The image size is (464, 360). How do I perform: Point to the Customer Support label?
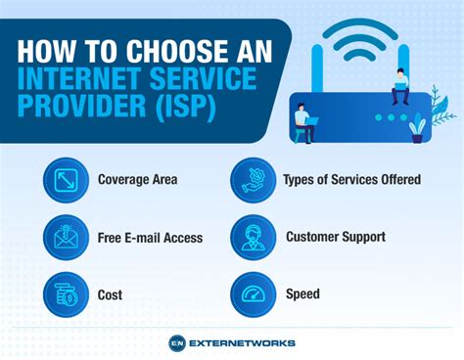(335, 237)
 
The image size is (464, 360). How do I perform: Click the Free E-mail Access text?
(150, 237)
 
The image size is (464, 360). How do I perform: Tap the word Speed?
(302, 293)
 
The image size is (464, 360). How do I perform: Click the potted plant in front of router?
(419, 127)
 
